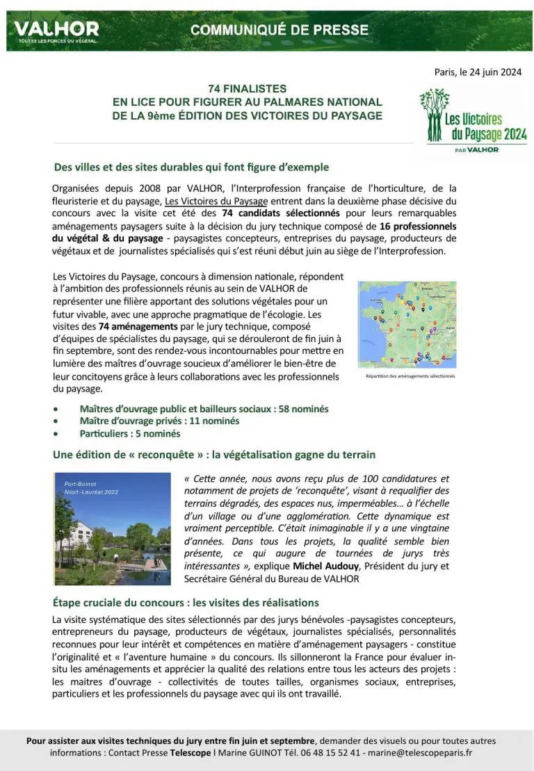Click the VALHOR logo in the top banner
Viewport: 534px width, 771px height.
coord(56,31)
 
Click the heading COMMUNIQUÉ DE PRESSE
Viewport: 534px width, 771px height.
coord(280,30)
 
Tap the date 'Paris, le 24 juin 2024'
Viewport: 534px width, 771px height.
coord(478,72)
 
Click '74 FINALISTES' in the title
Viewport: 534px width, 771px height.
coord(247,90)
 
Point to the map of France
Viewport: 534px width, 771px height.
coord(407,324)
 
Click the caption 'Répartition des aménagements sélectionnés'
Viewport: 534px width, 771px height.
coord(410,376)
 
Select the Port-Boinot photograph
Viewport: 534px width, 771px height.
coord(112,528)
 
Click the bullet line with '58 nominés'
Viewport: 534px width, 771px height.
coord(204,409)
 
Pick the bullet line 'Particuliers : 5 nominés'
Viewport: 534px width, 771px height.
coord(130,434)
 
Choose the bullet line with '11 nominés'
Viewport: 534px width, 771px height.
coord(159,421)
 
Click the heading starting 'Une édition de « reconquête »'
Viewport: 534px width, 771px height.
coord(214,455)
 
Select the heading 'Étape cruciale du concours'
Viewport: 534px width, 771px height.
coord(186,602)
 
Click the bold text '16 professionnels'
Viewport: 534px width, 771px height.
coord(418,226)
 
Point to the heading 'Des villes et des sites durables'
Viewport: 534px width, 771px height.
coord(191,168)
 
